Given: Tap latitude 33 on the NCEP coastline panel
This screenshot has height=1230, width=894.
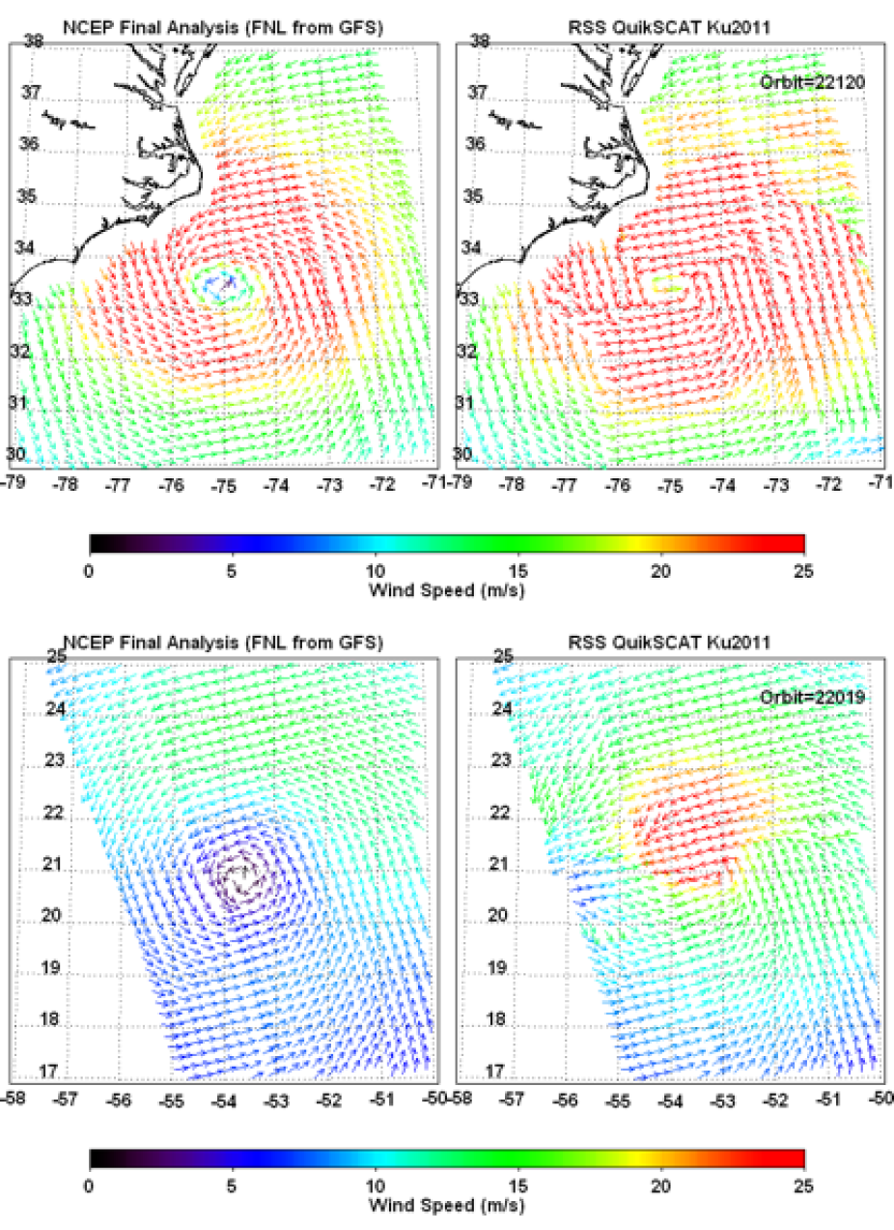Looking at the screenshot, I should coord(21,299).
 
